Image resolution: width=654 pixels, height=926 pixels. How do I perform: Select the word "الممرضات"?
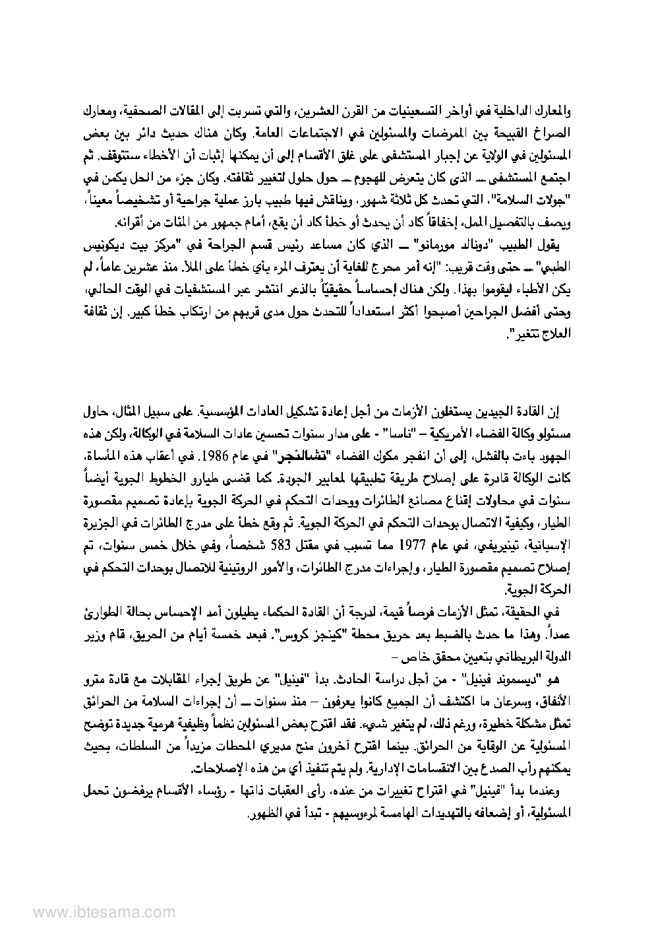[x=397, y=133]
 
